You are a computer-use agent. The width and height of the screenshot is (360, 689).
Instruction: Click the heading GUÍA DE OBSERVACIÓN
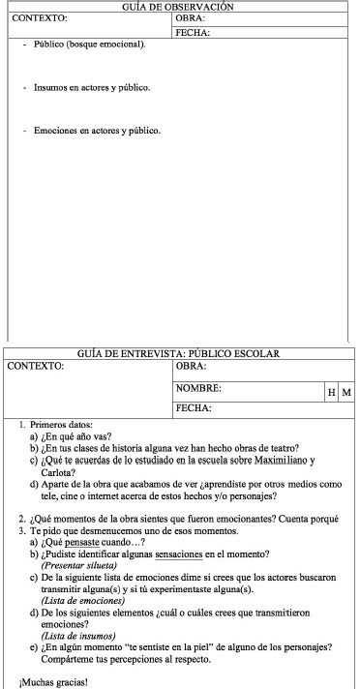tap(179, 7)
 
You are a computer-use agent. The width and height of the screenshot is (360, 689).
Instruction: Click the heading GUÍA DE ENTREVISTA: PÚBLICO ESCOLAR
tap(179, 352)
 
